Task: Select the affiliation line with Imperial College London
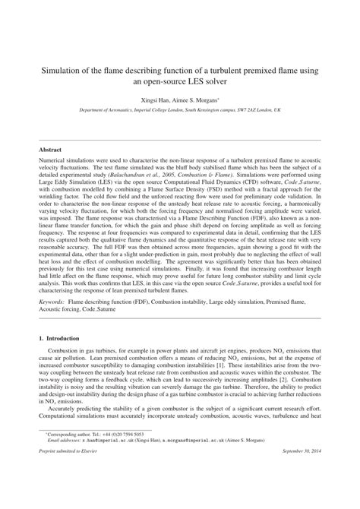tap(179, 109)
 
